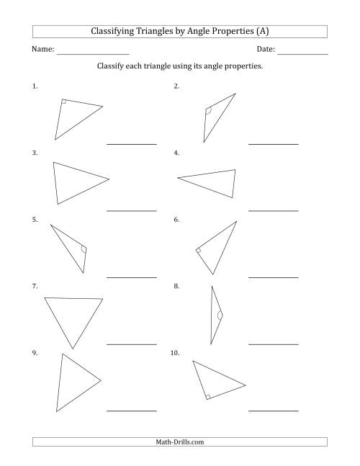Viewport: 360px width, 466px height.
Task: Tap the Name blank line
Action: [x=93, y=55]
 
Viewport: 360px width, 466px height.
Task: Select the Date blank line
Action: [x=302, y=55]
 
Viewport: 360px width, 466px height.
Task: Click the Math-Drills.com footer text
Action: [x=180, y=442]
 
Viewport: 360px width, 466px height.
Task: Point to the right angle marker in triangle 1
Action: [x=65, y=102]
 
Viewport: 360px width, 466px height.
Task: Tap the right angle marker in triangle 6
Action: [x=199, y=251]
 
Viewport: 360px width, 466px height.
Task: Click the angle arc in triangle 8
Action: [x=219, y=315]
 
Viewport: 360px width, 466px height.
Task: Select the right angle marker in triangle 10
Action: [x=207, y=395]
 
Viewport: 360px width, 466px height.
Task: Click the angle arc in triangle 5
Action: [x=84, y=250]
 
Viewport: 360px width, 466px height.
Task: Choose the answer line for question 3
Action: [x=132, y=210]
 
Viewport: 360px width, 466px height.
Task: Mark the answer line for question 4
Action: [x=274, y=210]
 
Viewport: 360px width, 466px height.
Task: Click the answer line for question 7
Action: [x=132, y=344]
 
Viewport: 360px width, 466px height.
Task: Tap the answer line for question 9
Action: [x=132, y=411]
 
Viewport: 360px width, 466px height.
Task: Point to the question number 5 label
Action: [x=35, y=220]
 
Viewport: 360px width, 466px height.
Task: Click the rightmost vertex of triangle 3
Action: [x=109, y=179]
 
